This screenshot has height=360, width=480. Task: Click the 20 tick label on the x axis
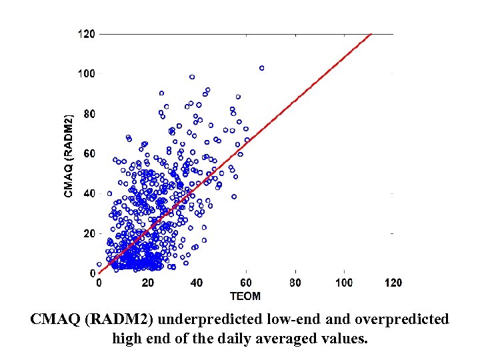(148, 283)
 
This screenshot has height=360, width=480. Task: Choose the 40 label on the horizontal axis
(197, 283)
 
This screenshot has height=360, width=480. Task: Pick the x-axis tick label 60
(246, 283)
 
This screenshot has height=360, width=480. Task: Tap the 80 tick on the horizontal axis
(295, 283)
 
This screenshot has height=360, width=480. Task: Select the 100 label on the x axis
(344, 283)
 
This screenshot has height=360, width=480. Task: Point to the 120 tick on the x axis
(393, 283)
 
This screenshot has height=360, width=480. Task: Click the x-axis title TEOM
(245, 295)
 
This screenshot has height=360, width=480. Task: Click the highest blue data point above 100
(261, 68)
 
